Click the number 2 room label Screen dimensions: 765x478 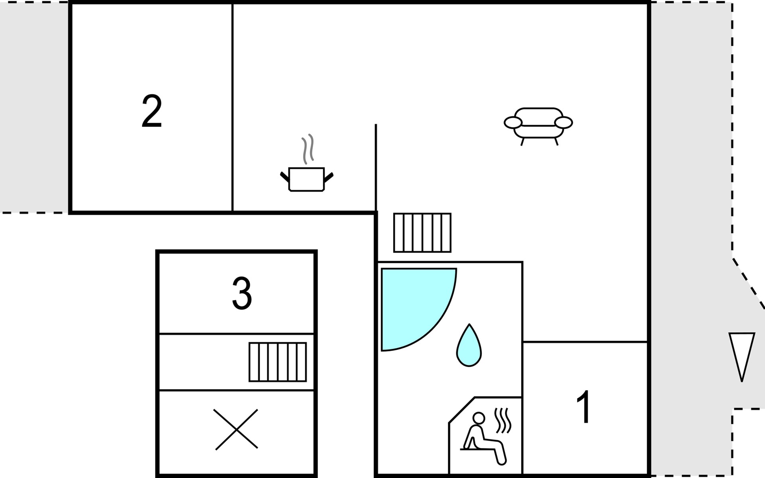(x=152, y=111)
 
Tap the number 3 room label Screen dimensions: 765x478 (x=242, y=294)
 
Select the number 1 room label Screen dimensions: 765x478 (x=584, y=407)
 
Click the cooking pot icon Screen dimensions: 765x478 (x=306, y=179)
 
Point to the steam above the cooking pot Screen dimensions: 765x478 (x=308, y=149)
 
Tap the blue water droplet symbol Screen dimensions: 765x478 (x=469, y=345)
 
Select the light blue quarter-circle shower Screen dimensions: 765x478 (x=418, y=310)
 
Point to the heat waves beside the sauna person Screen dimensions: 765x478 (x=503, y=420)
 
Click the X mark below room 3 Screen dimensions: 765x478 (x=236, y=429)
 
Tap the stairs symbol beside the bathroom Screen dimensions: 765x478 (x=422, y=233)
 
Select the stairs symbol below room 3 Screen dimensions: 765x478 (x=278, y=362)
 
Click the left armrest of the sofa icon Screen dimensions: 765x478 (x=513, y=123)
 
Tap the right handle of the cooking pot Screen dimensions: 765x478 (x=329, y=177)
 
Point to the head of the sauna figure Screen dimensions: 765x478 (x=479, y=418)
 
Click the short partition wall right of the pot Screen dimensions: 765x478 (x=376, y=168)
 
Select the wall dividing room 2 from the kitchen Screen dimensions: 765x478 (x=232, y=107)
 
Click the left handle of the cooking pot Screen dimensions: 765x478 (x=285, y=177)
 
